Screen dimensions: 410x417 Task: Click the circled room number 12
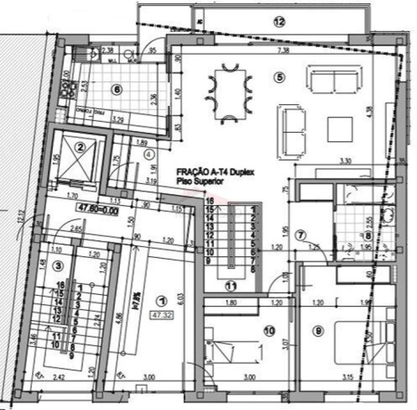click(278, 22)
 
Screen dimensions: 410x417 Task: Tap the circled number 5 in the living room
click(278, 78)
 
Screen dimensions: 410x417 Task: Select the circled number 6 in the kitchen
click(117, 89)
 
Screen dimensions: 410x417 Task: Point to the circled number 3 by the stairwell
click(57, 265)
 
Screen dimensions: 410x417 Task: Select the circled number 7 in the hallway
click(302, 234)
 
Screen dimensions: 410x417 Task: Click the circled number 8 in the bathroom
click(368, 235)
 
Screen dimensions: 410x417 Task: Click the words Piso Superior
click(197, 181)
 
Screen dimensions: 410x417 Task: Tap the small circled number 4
click(148, 153)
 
